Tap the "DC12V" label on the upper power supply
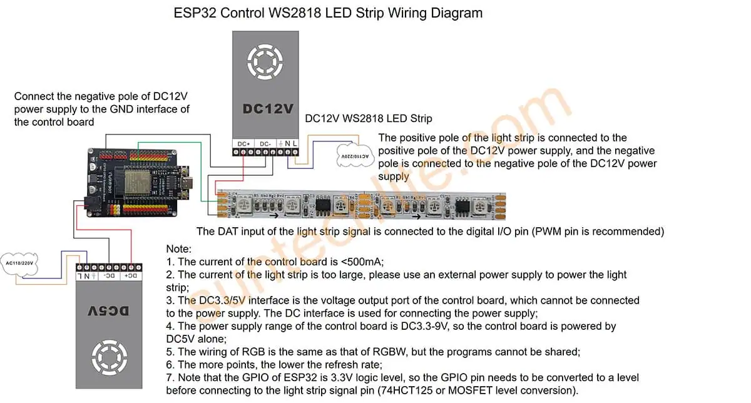pos(268,108)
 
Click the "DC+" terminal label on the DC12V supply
pos(244,143)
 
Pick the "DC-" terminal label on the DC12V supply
pos(265,143)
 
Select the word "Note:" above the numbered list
pos(179,249)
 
